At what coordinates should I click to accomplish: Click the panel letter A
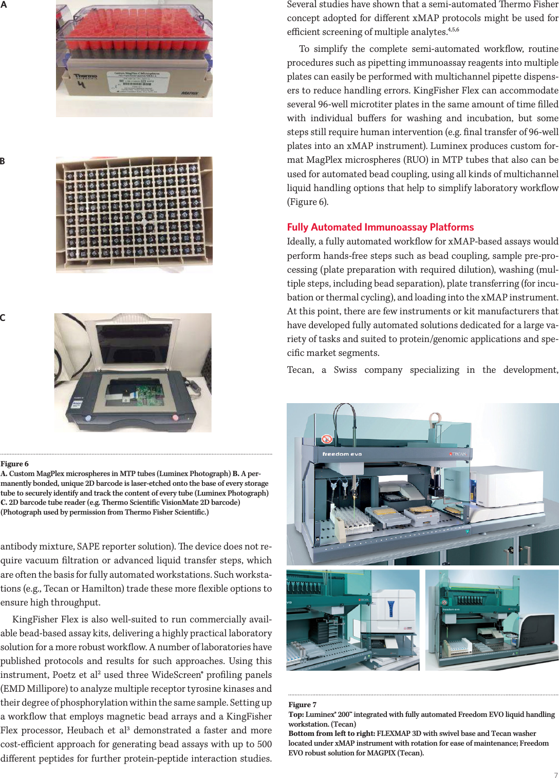tap(3, 5)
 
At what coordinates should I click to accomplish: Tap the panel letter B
tap(3, 161)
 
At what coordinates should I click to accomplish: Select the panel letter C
tap(3, 318)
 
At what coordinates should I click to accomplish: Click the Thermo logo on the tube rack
tap(85, 77)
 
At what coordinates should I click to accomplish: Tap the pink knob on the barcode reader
tap(175, 418)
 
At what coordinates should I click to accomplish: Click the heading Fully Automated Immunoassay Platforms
tap(380, 227)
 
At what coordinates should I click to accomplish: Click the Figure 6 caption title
tap(14, 464)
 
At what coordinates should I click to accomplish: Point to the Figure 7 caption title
tap(302, 705)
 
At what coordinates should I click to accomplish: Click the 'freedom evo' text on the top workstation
tap(342, 454)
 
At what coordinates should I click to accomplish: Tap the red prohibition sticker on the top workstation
tap(326, 439)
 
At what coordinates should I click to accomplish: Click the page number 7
tap(555, 775)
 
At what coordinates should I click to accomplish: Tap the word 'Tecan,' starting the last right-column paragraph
tap(300, 370)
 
